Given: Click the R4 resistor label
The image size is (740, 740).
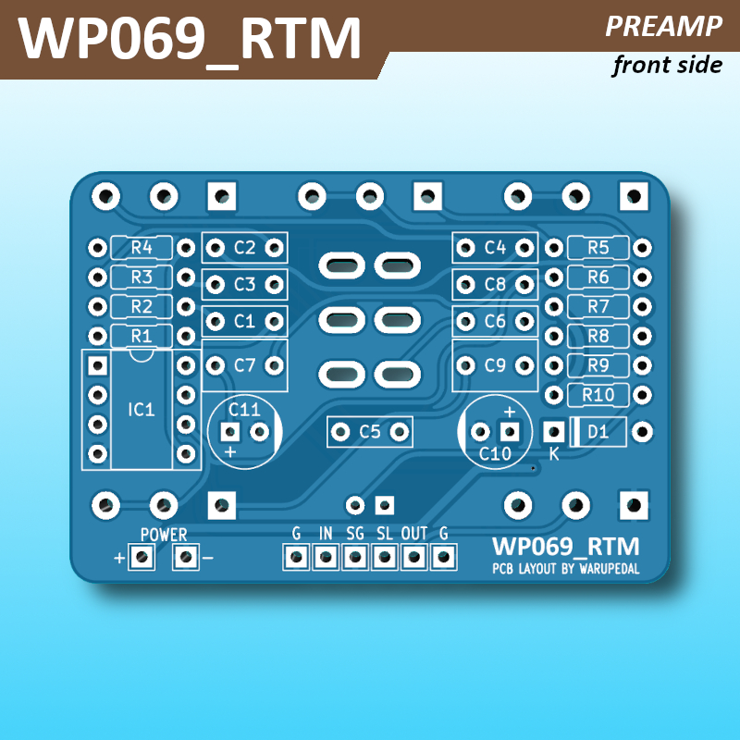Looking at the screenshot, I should pyautogui.click(x=141, y=248).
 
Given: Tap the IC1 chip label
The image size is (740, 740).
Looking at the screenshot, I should pyautogui.click(x=141, y=408).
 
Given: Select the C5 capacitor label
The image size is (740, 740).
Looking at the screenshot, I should pyautogui.click(x=370, y=431).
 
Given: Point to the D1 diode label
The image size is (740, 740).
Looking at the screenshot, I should pyautogui.click(x=598, y=431).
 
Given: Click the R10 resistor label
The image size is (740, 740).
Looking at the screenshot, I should pyautogui.click(x=598, y=395).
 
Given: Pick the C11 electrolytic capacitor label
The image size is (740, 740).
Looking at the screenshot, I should pyautogui.click(x=244, y=408).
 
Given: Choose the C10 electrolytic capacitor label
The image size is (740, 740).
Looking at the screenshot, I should pyautogui.click(x=495, y=453).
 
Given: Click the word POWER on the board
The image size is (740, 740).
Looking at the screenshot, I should pyautogui.click(x=164, y=535).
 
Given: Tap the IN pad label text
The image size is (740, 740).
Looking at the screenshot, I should pyautogui.click(x=326, y=534).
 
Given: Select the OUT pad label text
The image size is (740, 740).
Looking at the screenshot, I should pyautogui.click(x=414, y=534).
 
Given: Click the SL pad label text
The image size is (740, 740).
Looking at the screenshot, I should pyautogui.click(x=385, y=534).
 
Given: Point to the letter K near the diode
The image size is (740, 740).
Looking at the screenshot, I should pyautogui.click(x=554, y=454).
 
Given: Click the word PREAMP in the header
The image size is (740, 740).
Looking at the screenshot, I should pyautogui.click(x=663, y=27).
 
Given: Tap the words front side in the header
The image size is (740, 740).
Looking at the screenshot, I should pyautogui.click(x=666, y=65).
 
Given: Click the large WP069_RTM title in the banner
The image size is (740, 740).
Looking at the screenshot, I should pyautogui.click(x=190, y=39).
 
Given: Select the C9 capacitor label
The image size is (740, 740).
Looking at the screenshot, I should pyautogui.click(x=495, y=365).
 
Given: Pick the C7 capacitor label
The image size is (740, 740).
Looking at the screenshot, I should pyautogui.click(x=244, y=365).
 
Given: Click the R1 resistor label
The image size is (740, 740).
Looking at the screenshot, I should pyautogui.click(x=141, y=335).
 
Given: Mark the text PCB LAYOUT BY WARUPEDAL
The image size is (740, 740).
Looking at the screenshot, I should pyautogui.click(x=565, y=568).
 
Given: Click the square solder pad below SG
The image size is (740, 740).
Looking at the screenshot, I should pyautogui.click(x=355, y=557).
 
